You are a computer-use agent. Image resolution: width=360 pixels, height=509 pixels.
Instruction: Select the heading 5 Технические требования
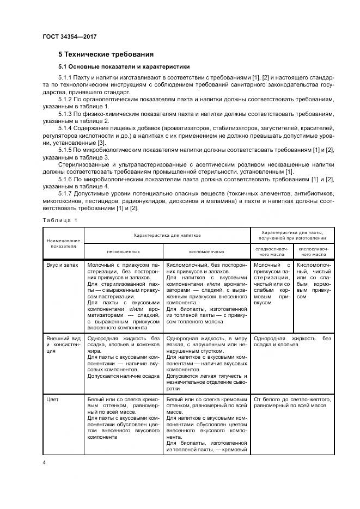click(x=106, y=54)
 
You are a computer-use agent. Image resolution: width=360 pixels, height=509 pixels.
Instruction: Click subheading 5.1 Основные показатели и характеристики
click(x=124, y=67)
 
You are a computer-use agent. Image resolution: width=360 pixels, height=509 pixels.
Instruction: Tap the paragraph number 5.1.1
click(x=65, y=78)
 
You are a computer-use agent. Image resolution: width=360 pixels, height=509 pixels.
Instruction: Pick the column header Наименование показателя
click(x=63, y=243)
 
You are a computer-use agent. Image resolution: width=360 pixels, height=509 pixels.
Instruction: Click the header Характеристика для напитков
click(x=168, y=235)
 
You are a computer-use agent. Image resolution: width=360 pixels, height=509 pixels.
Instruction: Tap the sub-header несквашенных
click(x=124, y=252)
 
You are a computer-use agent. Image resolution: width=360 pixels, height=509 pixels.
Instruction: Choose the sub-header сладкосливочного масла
click(x=271, y=252)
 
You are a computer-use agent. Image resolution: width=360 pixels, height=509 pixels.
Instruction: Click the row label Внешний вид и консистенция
click(x=63, y=344)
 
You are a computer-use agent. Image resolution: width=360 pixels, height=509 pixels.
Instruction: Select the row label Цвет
click(x=52, y=400)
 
